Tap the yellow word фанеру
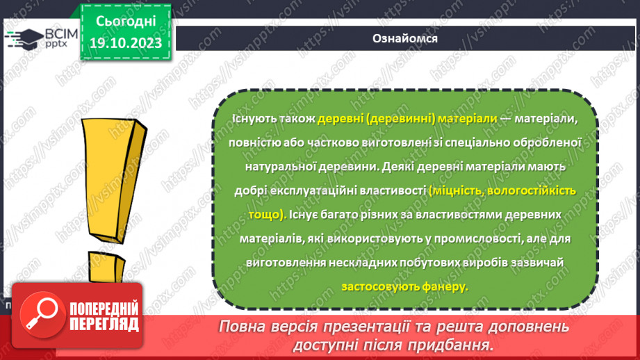[444, 286]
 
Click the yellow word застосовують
[379, 286]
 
